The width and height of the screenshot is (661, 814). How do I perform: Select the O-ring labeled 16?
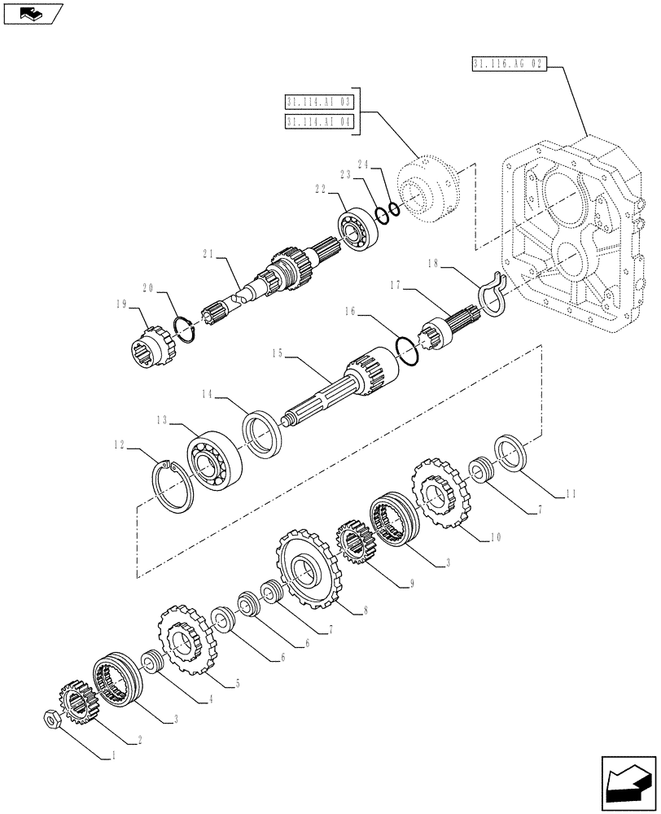pyautogui.click(x=408, y=349)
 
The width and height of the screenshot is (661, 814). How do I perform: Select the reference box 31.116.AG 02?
pyautogui.click(x=510, y=63)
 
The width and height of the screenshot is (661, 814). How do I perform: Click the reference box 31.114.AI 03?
pyautogui.click(x=319, y=102)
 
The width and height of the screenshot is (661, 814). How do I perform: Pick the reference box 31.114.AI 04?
pyautogui.click(x=319, y=121)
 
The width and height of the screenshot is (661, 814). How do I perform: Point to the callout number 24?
pyautogui.click(x=364, y=164)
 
